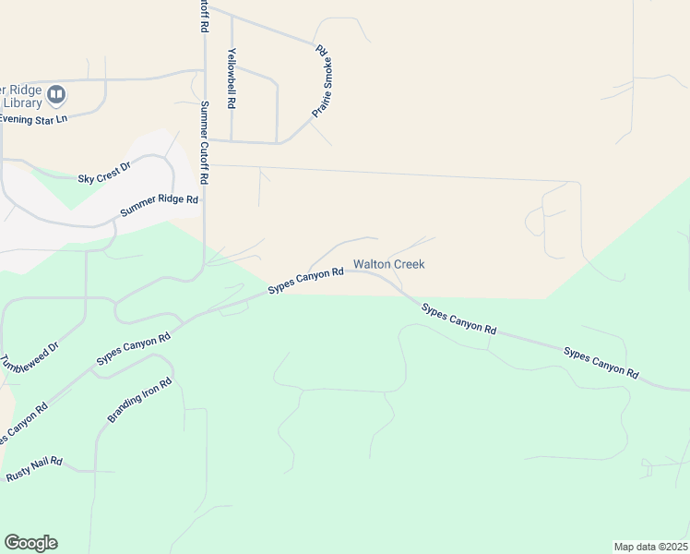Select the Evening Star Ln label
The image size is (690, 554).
pyautogui.click(x=34, y=119)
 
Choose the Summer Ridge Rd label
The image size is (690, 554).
pyautogui.click(x=160, y=206)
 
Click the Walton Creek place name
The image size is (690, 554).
pyautogui.click(x=389, y=264)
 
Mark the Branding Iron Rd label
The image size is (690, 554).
pyautogui.click(x=140, y=400)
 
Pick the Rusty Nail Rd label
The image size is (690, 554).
pyautogui.click(x=34, y=468)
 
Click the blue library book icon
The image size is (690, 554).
pyautogui.click(x=57, y=94)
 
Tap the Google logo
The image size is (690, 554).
pyautogui.click(x=30, y=543)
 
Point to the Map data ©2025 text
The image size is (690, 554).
pyautogui.click(x=650, y=547)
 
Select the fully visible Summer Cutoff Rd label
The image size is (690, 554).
pyautogui.click(x=205, y=142)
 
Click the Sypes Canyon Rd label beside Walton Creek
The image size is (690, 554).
pyautogui.click(x=305, y=280)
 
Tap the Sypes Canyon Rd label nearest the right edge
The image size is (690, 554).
pyautogui.click(x=601, y=363)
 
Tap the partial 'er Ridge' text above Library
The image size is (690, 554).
pyautogui.click(x=20, y=90)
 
